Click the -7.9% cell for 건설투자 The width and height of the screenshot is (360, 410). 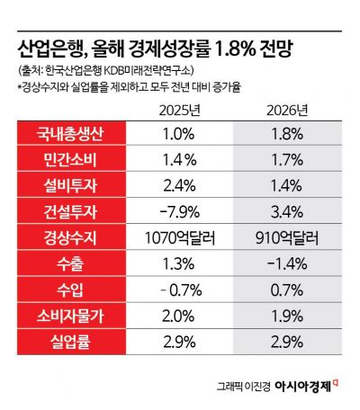point(179,215)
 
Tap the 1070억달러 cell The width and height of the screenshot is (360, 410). point(179,241)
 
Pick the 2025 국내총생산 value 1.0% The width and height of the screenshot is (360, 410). point(179,137)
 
